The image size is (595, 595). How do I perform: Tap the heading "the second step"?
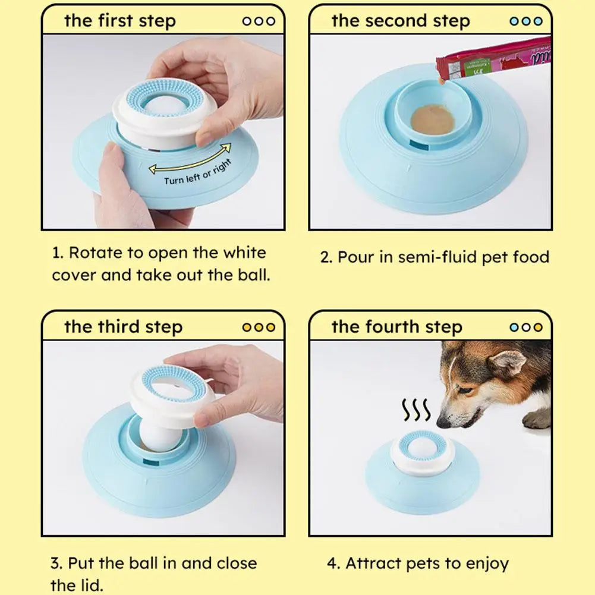pos(400,21)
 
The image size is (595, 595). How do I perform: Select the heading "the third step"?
pos(123,327)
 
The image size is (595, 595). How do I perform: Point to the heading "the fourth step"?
pos(396,327)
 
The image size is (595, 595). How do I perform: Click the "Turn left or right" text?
pos(197,172)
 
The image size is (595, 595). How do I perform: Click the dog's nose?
pos(443,423)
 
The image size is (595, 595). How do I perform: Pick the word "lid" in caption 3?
pos(84,585)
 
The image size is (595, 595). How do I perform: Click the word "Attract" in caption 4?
pos(372,563)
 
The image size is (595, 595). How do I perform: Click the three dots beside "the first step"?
pos(259,21)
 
